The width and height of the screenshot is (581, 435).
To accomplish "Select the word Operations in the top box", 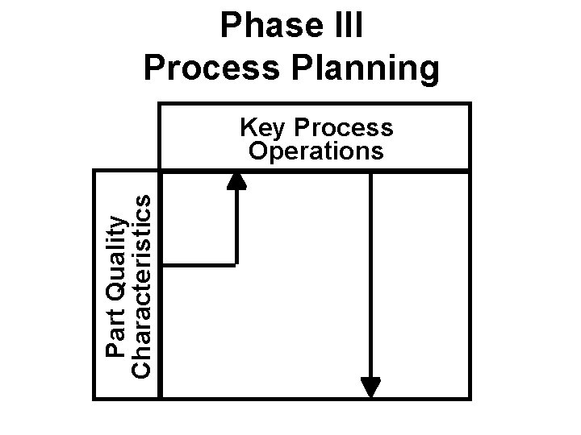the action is tap(316, 151).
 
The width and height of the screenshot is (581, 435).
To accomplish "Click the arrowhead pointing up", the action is tap(236, 179).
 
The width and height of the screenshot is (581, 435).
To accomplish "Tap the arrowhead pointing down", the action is tap(370, 387).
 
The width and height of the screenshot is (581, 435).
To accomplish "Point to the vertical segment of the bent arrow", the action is tap(236, 226).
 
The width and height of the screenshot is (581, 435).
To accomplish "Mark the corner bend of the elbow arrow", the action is tap(236, 263).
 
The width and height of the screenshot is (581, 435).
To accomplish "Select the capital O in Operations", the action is tap(257, 151).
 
